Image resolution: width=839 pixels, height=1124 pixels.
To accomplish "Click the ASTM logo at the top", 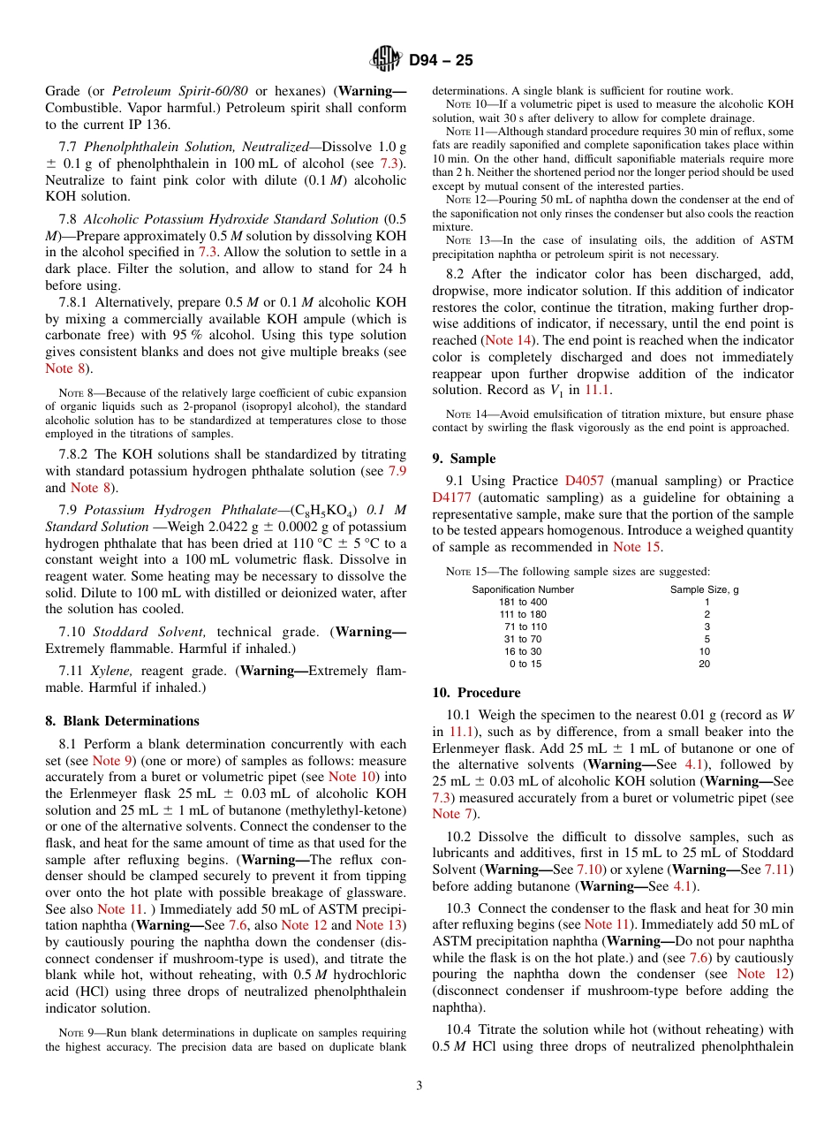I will (x=386, y=60).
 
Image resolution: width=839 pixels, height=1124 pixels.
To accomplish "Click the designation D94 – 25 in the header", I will (x=441, y=61).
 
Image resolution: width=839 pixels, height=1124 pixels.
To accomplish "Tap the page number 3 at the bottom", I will (x=419, y=1085).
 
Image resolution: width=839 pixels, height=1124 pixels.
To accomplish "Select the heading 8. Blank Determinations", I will (x=122, y=720).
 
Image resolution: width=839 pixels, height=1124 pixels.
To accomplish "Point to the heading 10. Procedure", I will (x=476, y=692).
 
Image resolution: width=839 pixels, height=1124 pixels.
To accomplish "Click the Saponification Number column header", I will (x=523, y=589).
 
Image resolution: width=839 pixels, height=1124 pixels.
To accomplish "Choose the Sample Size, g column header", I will (x=704, y=589).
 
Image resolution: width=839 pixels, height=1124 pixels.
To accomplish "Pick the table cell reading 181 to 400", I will (x=523, y=602).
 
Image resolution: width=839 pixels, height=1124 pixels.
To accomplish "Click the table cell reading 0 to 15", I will (x=525, y=664).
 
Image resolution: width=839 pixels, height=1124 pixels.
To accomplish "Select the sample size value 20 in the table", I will (x=704, y=664).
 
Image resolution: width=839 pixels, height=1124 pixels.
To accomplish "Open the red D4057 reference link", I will (x=584, y=481).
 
